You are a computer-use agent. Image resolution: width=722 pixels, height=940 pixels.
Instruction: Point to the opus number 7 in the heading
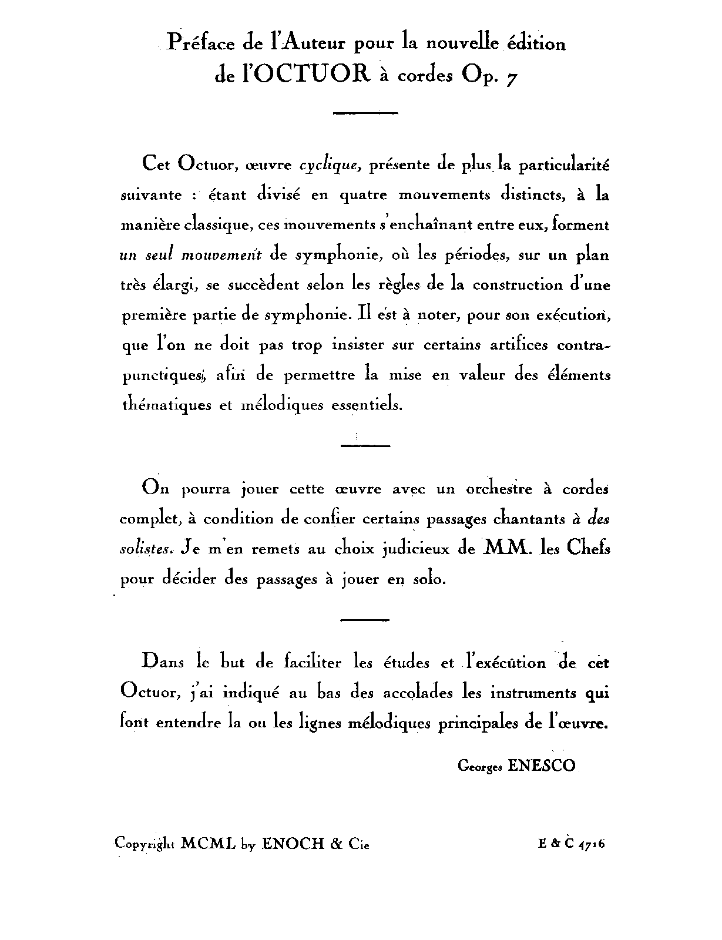512,78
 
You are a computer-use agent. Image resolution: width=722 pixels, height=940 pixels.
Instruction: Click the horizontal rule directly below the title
365,112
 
